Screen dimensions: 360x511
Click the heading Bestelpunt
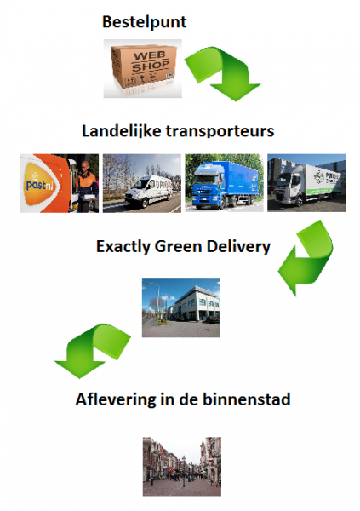point(145,22)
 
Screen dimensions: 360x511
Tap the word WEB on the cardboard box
point(150,55)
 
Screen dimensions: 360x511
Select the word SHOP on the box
point(150,66)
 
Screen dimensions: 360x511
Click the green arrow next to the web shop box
point(225,72)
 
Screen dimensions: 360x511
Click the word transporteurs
point(220,131)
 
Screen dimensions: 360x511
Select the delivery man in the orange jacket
point(88,186)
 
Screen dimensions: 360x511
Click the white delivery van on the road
point(149,191)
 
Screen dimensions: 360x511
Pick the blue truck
point(225,185)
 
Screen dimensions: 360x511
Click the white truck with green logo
point(308,185)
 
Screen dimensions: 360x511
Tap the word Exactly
point(123,247)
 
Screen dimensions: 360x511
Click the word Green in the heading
point(178,246)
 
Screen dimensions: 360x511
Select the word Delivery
point(238,247)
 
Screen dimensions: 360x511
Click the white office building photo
point(181,307)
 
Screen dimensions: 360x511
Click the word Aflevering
point(116,399)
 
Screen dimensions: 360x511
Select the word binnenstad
point(247,399)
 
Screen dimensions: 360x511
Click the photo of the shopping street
point(182,467)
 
